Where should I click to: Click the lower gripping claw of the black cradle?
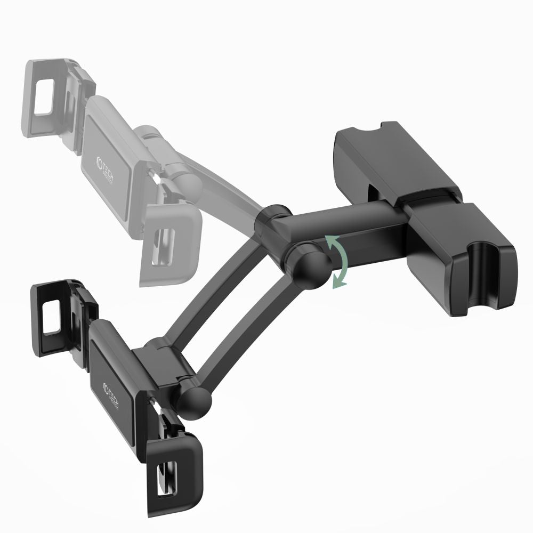tap(171, 464)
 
